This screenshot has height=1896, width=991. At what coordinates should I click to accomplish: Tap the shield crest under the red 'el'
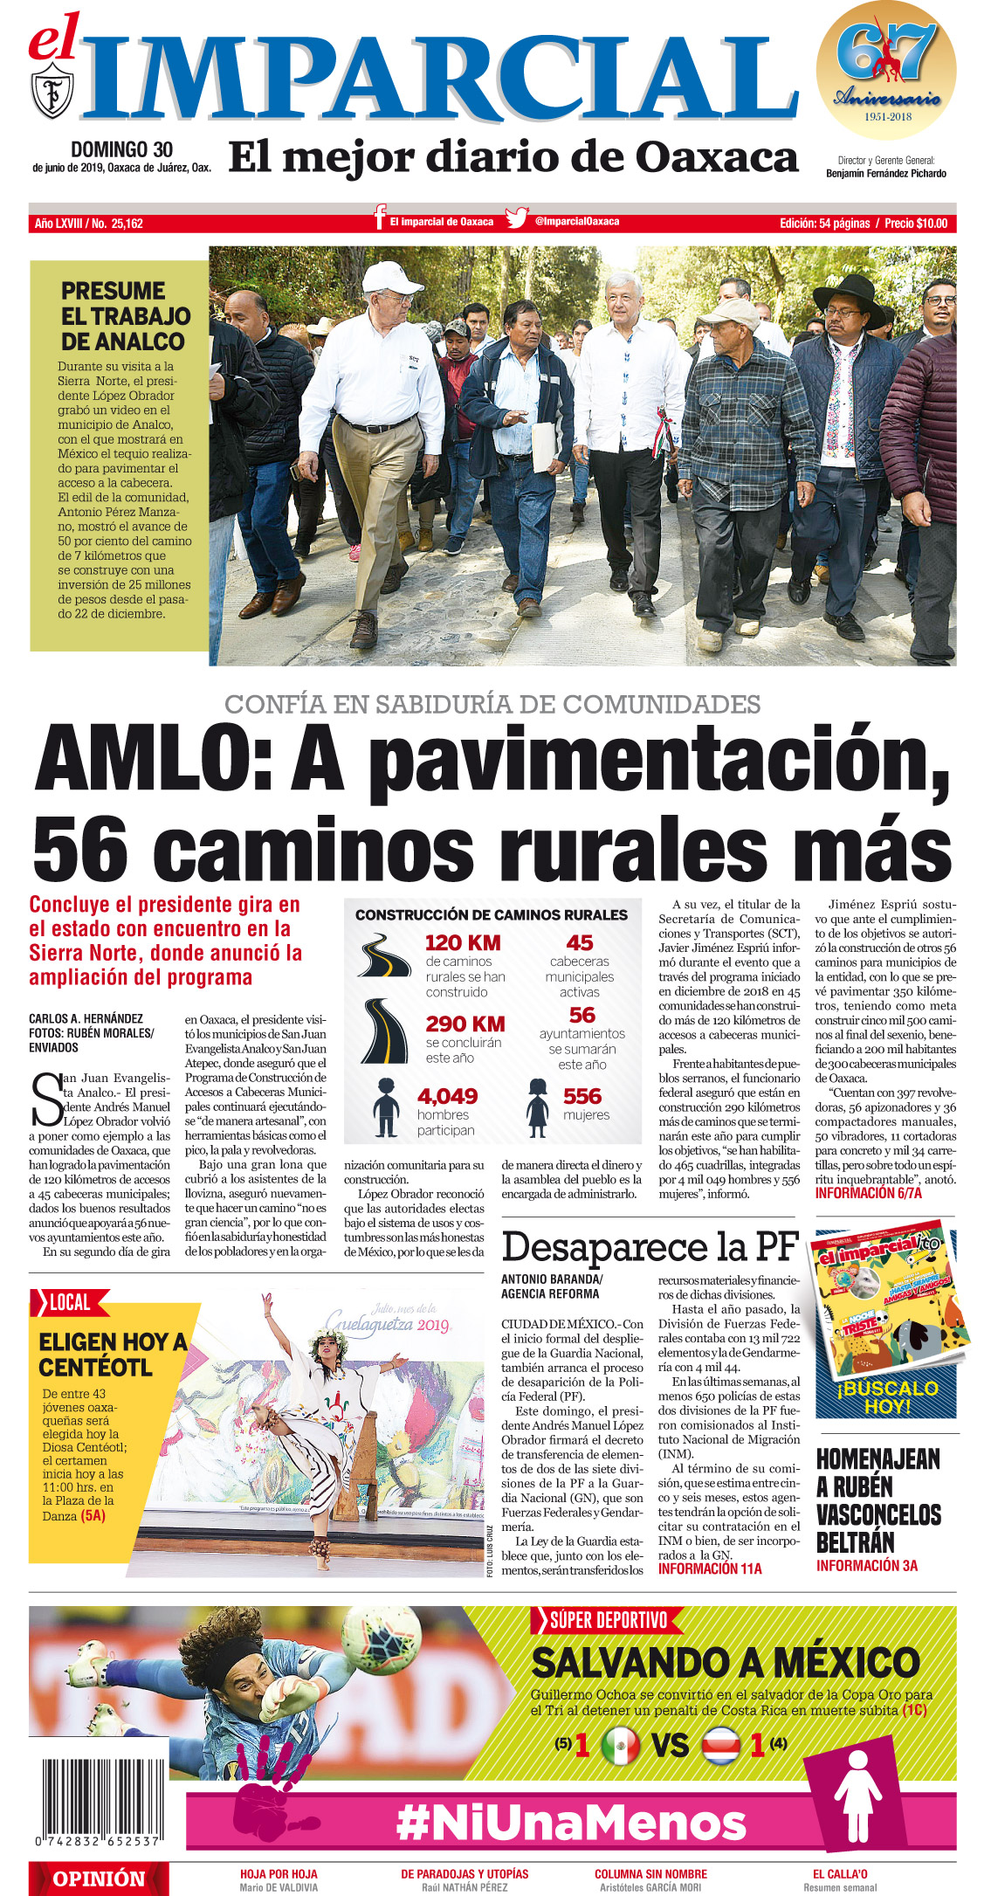(52, 93)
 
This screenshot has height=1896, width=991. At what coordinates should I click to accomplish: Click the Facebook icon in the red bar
(380, 218)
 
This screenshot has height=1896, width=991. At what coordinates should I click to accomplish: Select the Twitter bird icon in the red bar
(517, 218)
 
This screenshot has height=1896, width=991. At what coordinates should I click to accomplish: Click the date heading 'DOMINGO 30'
(121, 150)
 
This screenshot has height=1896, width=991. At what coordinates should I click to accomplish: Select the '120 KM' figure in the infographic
(463, 943)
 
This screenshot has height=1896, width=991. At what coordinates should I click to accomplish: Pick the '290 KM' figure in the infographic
(465, 1024)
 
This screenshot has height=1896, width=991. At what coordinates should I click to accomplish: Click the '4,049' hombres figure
(447, 1096)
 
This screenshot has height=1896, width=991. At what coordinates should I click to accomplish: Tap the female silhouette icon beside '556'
(537, 1107)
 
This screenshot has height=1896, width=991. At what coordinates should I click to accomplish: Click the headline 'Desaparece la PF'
(650, 1246)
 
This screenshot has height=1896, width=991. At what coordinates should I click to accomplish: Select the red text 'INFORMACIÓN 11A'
(710, 1569)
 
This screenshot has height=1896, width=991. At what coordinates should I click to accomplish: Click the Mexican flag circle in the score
(620, 1745)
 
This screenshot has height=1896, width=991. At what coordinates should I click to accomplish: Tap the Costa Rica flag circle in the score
(721, 1745)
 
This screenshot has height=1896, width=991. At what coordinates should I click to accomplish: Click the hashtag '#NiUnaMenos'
(571, 1823)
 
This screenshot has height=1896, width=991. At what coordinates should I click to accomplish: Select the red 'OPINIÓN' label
(99, 1879)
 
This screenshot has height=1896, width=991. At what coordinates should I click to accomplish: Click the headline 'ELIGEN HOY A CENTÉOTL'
(113, 1354)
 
